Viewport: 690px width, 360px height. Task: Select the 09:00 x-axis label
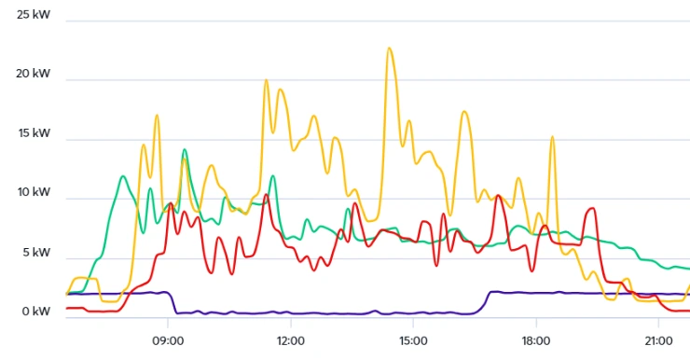tap(168, 340)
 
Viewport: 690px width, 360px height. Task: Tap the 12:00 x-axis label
tap(290, 340)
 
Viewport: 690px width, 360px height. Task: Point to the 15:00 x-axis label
tap(413, 340)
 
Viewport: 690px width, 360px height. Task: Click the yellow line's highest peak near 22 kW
tap(390, 48)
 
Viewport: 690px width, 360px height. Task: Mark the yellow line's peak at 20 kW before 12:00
tap(266, 80)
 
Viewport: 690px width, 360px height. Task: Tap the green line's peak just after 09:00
tap(185, 149)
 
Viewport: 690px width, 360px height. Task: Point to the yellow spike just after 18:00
tap(552, 137)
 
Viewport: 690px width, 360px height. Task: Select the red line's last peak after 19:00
tap(592, 209)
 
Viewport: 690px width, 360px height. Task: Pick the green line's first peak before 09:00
tap(123, 175)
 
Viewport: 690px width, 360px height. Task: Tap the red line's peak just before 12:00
tap(267, 195)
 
